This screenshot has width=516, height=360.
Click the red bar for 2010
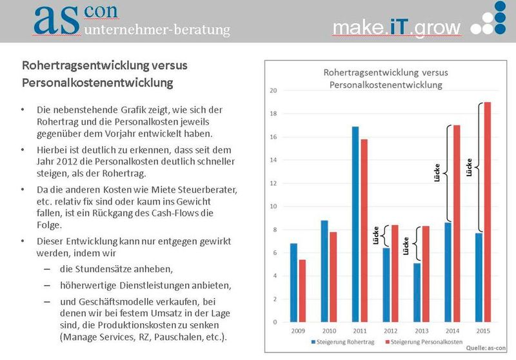[x=332, y=277]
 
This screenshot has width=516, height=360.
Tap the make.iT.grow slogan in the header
[x=397, y=27]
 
